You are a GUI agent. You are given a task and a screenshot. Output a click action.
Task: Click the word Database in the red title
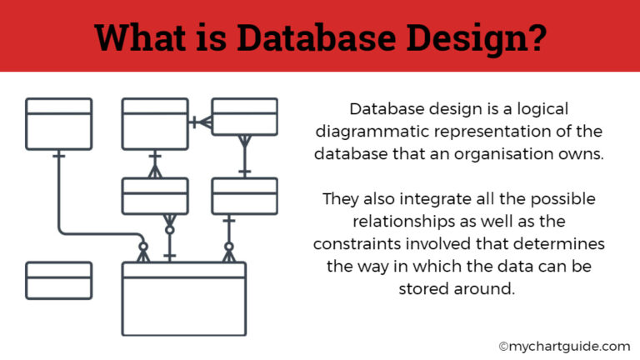click(317, 37)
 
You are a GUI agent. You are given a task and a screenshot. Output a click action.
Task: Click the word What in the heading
click(140, 37)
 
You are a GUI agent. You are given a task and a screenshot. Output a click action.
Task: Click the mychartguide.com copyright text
click(564, 347)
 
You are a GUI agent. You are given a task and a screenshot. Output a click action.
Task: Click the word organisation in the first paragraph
click(503, 154)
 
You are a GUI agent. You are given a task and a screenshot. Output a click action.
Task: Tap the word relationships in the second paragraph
click(403, 222)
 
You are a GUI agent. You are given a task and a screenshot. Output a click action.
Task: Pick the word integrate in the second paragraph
click(436, 199)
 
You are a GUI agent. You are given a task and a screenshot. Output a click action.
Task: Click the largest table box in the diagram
click(184, 299)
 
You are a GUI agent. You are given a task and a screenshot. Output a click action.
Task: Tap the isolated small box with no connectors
click(59, 281)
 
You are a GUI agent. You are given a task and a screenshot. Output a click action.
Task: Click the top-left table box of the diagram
click(59, 124)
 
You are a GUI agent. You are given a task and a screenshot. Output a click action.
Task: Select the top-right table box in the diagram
click(244, 117)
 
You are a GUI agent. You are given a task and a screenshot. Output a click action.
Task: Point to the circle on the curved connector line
click(142, 247)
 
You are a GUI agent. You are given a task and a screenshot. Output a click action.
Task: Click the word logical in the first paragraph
click(542, 109)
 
